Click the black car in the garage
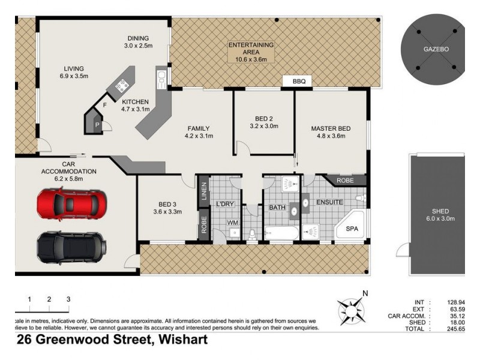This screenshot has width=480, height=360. click(71, 245)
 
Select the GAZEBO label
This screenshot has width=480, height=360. click(436, 49)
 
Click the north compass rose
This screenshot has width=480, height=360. click(352, 311)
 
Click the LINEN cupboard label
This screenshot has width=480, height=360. click(203, 191)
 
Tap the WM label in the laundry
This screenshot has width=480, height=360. click(232, 223)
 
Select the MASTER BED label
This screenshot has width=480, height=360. click(331, 129)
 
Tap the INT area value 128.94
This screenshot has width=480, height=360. click(454, 302)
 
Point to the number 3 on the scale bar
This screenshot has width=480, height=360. click(68, 299)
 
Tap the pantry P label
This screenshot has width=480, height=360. click(97, 124)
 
